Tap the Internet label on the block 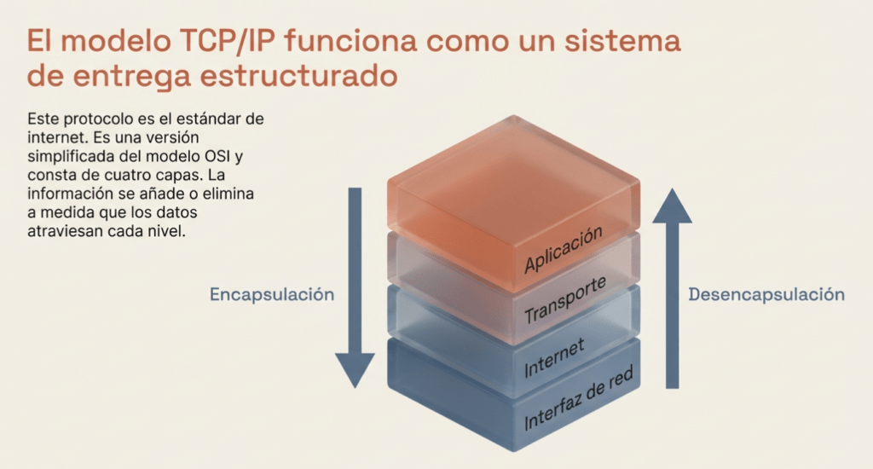click(x=554, y=357)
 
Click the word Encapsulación click(x=271, y=294)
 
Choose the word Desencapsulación click(x=766, y=294)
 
